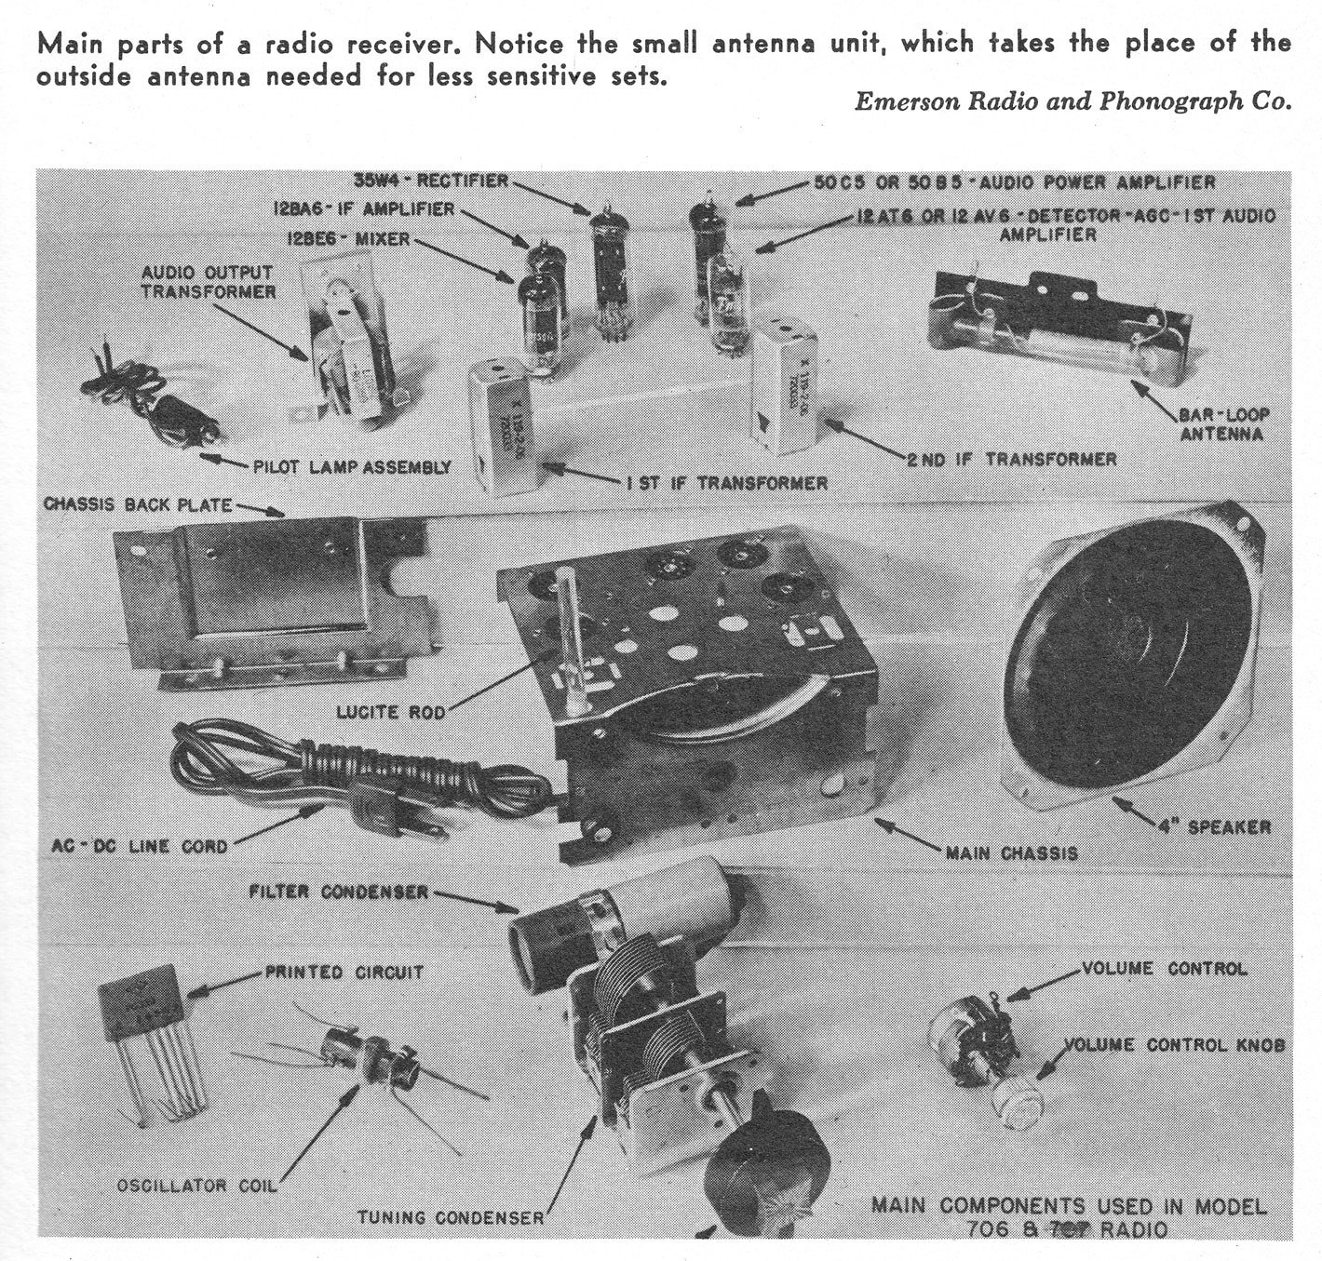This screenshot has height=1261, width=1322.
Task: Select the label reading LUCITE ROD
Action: point(391,713)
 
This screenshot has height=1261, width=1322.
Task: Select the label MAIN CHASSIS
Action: point(1011,852)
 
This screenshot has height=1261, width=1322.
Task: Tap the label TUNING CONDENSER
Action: point(451,1217)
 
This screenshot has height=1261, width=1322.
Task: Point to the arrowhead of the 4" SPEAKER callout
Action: point(1118,801)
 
